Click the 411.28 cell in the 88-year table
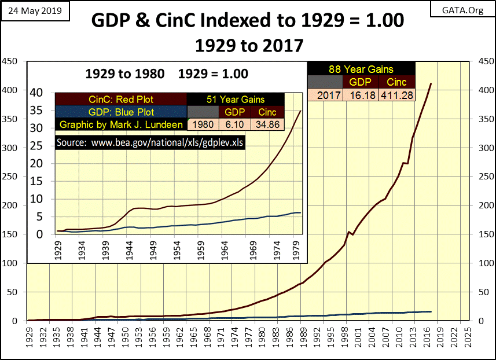[397, 95]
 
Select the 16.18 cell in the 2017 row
[361, 95]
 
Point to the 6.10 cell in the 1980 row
[234, 124]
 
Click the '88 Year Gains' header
[361, 69]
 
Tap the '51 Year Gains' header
[235, 99]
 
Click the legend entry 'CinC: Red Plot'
[120, 99]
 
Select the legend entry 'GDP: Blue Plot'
[120, 112]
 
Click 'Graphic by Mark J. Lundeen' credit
[120, 124]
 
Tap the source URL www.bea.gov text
[150, 142]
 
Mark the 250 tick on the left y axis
[10, 177]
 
